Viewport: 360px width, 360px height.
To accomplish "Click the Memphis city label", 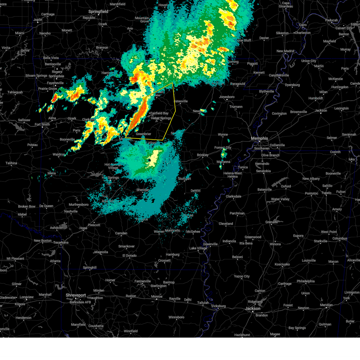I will tap(259, 138).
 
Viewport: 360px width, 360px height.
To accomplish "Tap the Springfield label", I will tap(98, 11).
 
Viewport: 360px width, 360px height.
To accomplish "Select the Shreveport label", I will tap(76, 295).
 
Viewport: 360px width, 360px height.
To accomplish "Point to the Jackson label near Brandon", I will tap(253, 308).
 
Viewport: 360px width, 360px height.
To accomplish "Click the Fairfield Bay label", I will tap(159, 113).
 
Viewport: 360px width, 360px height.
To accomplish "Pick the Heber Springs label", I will tap(161, 118).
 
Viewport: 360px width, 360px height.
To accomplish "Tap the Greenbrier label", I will tap(143, 134).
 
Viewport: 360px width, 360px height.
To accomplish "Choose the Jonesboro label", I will tap(227, 97).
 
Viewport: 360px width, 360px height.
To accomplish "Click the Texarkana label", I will tap(61, 242).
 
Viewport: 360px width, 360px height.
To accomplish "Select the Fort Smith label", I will tap(42, 124).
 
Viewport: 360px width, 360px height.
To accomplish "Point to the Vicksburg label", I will tap(218, 306).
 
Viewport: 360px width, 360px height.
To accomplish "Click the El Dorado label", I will tap(129, 256).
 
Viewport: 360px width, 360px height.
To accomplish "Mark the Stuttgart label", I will tap(184, 178).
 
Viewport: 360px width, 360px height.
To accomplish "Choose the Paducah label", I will tap(331, 20).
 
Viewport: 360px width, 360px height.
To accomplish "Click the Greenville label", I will tap(210, 244).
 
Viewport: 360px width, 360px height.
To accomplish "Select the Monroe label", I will tap(157, 296).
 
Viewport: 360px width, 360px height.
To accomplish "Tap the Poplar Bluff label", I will tap(244, 40).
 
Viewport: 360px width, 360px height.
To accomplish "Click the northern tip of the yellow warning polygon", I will tap(172, 83).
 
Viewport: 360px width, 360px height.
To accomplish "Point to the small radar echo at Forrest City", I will tap(223, 154).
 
